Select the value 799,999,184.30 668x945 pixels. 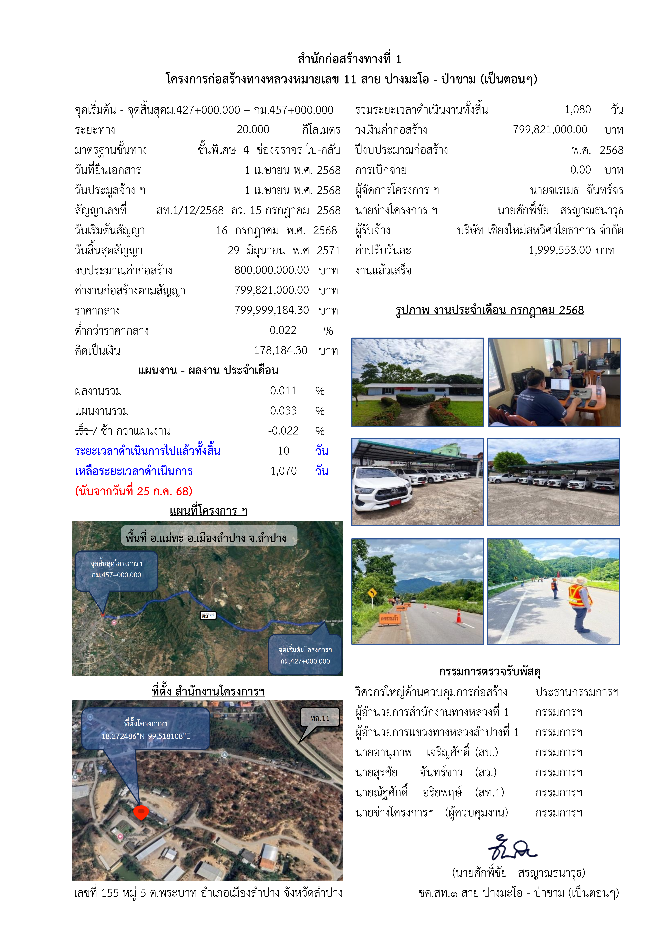272,310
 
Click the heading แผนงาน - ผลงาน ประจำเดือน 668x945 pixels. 208,370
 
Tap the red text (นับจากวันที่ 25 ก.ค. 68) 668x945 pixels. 134,491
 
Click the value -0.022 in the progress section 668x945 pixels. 283,431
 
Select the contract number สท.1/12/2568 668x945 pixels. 190,210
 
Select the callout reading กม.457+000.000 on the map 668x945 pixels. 117,575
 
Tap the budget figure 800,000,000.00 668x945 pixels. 272,270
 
